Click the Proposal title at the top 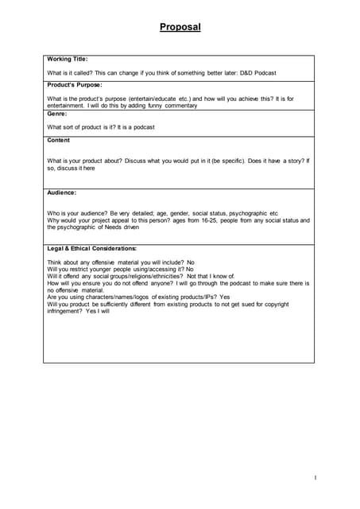point(180,27)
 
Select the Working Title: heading point(68,59)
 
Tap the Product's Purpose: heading point(75,85)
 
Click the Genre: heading point(57,114)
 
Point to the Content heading point(59,140)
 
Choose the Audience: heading point(62,192)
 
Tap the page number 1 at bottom point(315,477)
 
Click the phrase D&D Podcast point(255,72)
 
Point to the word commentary point(179,105)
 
